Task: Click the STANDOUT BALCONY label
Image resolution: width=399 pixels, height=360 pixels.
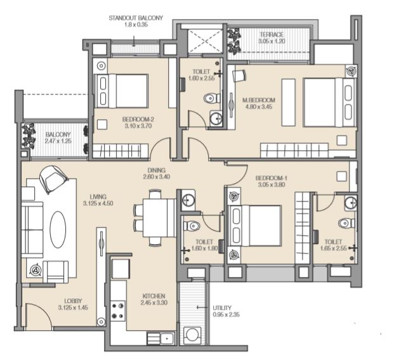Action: click(x=136, y=18)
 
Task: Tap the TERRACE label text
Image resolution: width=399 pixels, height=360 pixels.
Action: click(x=271, y=35)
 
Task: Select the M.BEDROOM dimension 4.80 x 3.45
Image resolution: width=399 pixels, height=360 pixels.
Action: click(x=259, y=106)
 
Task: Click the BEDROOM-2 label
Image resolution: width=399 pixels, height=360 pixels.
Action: click(x=138, y=119)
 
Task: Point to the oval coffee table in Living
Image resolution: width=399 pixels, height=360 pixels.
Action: click(x=58, y=229)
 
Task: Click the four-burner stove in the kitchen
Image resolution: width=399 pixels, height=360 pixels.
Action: click(x=117, y=311)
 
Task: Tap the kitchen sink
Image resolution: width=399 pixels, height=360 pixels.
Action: click(x=161, y=338)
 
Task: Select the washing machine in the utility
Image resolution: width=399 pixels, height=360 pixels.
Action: click(x=192, y=335)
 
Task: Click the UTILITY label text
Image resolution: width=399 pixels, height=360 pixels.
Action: click(x=222, y=308)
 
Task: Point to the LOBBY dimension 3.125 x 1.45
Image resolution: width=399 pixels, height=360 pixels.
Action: click(x=73, y=307)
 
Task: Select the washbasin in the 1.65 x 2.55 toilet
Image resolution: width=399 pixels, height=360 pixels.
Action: click(x=351, y=203)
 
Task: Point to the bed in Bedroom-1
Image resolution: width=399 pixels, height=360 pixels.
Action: click(x=255, y=226)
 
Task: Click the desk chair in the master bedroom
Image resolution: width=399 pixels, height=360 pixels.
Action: click(x=239, y=75)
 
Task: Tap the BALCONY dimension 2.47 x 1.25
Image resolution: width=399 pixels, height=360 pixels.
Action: click(x=58, y=141)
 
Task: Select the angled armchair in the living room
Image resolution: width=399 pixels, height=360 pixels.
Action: click(x=53, y=179)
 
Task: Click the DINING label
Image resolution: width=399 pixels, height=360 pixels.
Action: click(x=157, y=170)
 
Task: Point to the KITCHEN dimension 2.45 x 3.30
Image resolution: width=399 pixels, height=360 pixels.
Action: click(x=154, y=302)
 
